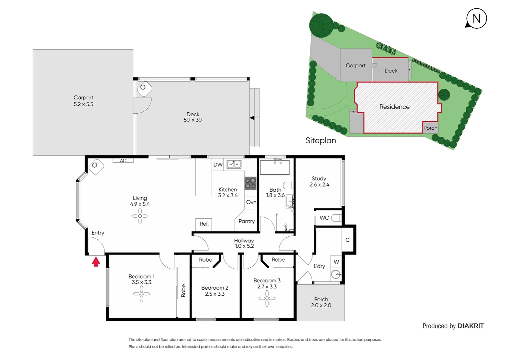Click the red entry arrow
tap(96, 262)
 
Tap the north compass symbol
tap(476, 18)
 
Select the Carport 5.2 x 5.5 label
tap(83, 101)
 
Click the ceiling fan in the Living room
tap(140, 216)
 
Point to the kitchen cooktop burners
tap(251, 183)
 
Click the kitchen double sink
tap(234, 164)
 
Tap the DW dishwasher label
tap(218, 165)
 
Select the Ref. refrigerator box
tap(204, 224)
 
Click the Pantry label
tap(247, 221)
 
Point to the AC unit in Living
tap(123, 160)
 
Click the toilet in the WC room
tap(336, 218)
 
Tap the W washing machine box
tap(336, 262)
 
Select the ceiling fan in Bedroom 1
tap(142, 294)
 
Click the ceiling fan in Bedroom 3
tap(267, 298)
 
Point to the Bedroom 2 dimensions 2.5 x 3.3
tap(215, 294)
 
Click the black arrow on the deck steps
tap(252, 118)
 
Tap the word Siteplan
tap(321, 141)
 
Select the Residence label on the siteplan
tap(394, 107)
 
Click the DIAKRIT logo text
tap(471, 326)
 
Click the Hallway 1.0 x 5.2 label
tap(244, 243)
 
